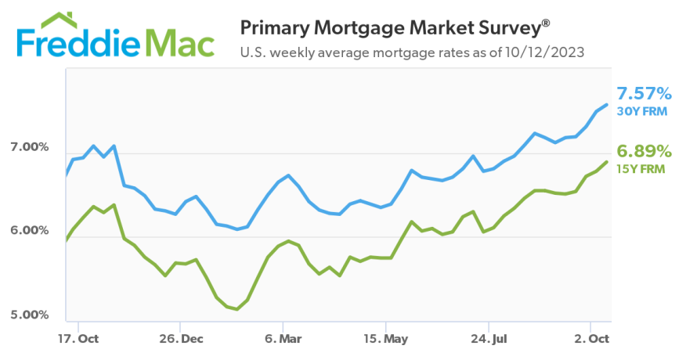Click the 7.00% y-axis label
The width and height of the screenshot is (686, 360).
click(29, 147)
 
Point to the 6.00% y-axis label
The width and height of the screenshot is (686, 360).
click(29, 231)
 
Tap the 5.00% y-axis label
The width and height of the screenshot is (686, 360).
click(29, 315)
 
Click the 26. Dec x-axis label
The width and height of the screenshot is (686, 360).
click(180, 340)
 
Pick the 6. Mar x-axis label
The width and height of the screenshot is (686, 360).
click(284, 340)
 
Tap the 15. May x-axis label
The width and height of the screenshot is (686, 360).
click(386, 340)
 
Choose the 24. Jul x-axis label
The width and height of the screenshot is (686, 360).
click(489, 340)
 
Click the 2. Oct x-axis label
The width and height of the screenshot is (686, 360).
click(590, 340)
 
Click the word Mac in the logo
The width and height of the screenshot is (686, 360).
click(179, 45)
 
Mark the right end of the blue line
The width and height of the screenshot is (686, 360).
click(607, 105)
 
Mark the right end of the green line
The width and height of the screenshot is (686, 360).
click(607, 162)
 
